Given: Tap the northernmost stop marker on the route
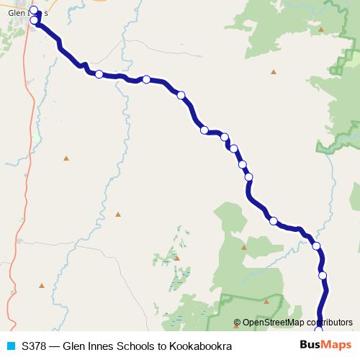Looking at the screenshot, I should coord(33,10).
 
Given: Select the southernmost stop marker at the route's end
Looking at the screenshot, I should coord(319,330).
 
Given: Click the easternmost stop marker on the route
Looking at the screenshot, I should coord(323,275).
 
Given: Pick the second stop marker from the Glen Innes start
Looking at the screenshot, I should coord(34,20).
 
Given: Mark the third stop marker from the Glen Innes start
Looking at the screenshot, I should coord(99,74).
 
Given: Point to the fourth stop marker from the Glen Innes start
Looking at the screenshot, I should coord(146,80).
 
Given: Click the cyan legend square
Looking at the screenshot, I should coord(10,346).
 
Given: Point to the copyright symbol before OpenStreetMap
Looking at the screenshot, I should coord(238,323).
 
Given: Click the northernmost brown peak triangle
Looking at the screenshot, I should coord(321,30).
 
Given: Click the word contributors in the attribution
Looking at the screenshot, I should coord(328,323).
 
